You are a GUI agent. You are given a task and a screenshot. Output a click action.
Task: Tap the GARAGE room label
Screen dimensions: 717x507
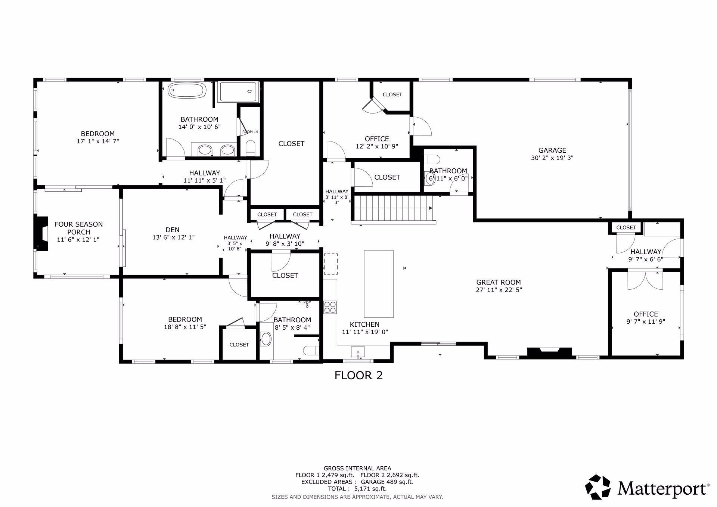[552, 150]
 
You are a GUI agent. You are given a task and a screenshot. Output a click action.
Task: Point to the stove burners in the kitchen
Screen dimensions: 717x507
[330, 307]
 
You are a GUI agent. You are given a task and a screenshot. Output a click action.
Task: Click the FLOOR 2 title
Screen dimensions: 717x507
[358, 375]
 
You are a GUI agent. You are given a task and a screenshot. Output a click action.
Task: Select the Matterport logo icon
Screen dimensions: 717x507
[597, 486]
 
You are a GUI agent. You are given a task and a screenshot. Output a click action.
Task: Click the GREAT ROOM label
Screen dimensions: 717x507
[498, 283]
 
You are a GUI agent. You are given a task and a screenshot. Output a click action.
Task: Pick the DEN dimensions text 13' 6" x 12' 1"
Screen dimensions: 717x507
[174, 237]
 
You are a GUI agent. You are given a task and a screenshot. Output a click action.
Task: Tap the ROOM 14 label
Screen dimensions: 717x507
[250, 132]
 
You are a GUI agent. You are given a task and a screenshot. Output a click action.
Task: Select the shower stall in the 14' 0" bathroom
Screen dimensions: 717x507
[238, 92]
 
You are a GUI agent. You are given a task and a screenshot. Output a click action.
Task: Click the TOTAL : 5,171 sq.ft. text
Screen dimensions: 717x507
[357, 488]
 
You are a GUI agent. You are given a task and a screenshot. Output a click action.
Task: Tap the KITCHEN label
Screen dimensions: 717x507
[364, 324]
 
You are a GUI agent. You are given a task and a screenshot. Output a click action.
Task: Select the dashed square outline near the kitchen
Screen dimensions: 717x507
[330, 264]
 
